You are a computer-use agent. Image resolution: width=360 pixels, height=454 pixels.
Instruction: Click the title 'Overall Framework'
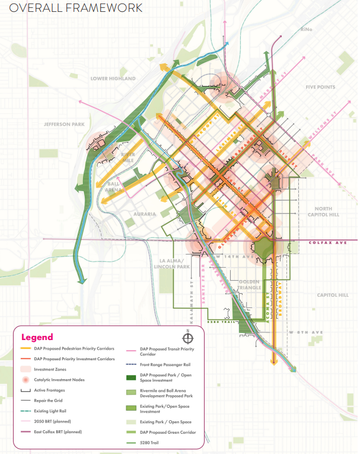click(x=72, y=8)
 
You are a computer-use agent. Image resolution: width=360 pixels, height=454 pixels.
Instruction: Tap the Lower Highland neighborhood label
click(x=113, y=78)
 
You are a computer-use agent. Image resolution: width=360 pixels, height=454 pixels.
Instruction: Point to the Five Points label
click(x=320, y=87)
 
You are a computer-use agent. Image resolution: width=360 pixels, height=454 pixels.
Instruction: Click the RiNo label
click(x=306, y=29)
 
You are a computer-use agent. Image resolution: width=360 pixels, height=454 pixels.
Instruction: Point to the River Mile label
click(x=128, y=158)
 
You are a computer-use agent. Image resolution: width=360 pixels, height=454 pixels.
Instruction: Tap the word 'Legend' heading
click(x=37, y=337)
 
